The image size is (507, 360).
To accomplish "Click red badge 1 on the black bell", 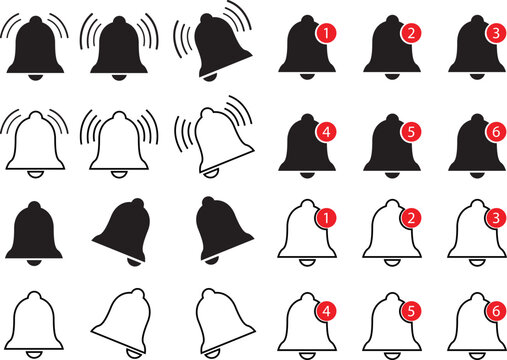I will tap(324, 34).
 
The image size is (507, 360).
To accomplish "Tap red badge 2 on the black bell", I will tap(411, 34).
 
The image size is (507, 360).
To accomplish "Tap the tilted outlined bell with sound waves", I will tap(211, 140).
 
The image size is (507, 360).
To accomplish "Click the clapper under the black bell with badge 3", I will tap(471, 79).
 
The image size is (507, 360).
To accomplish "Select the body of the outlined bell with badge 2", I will tap(385, 240).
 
